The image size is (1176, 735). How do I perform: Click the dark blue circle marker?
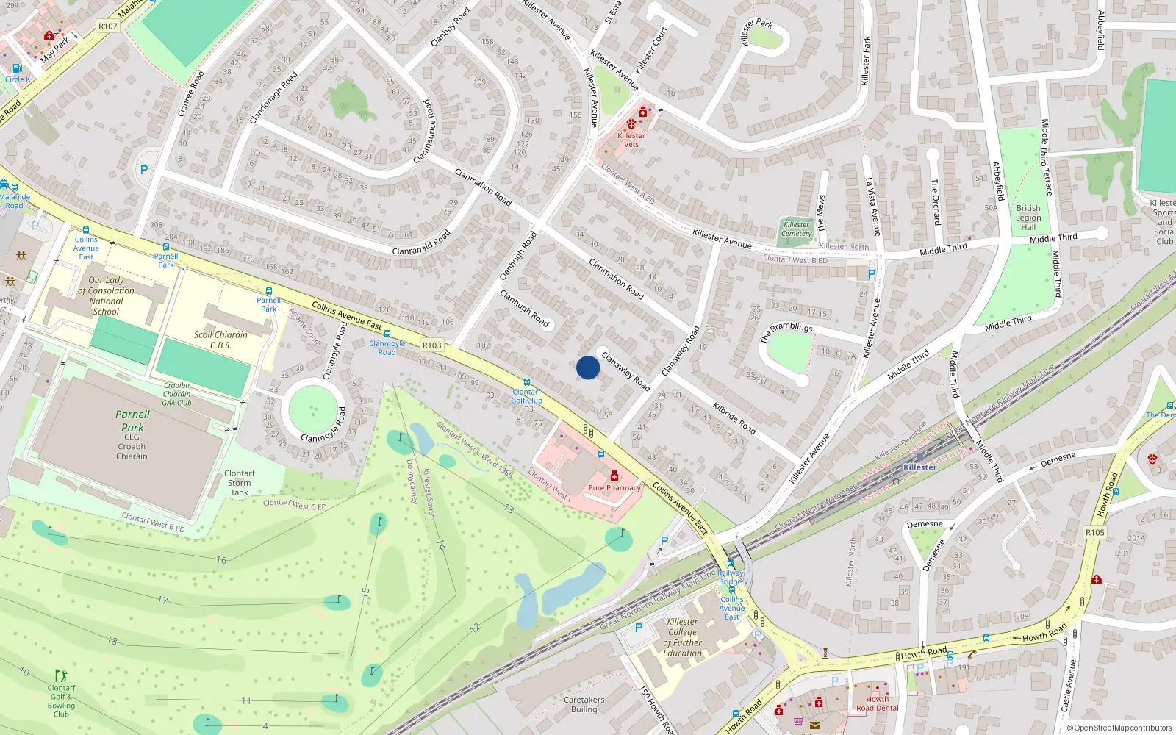coord(588,367)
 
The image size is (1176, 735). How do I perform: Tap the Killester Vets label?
coord(631,140)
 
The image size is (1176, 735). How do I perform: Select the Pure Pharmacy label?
coord(614,487)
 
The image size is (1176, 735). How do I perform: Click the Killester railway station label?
coord(920,467)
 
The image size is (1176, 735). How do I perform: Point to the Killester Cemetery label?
coord(797,229)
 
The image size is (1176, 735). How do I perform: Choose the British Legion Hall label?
coord(1028,218)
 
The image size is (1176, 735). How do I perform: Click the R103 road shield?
coord(432,345)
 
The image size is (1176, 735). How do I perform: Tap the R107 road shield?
coord(108,26)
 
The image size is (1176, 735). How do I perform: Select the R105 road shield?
coord(1095,532)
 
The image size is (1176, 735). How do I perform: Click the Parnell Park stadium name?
coord(132,421)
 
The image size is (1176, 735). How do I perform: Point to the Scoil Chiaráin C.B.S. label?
coord(220,340)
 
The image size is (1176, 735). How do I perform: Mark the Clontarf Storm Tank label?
coord(240,483)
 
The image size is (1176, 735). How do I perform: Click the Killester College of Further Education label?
coord(683,637)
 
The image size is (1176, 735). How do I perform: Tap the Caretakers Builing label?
coord(584,705)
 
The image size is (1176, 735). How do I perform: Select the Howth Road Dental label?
coord(878,704)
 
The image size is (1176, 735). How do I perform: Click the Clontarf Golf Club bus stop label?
coord(527,396)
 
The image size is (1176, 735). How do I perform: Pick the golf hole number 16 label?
coord(221,560)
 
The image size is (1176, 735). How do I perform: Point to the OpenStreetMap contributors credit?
coord(1119,728)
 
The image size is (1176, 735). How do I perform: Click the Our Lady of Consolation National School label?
coord(107,295)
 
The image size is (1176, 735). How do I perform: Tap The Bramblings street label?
coord(787,331)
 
